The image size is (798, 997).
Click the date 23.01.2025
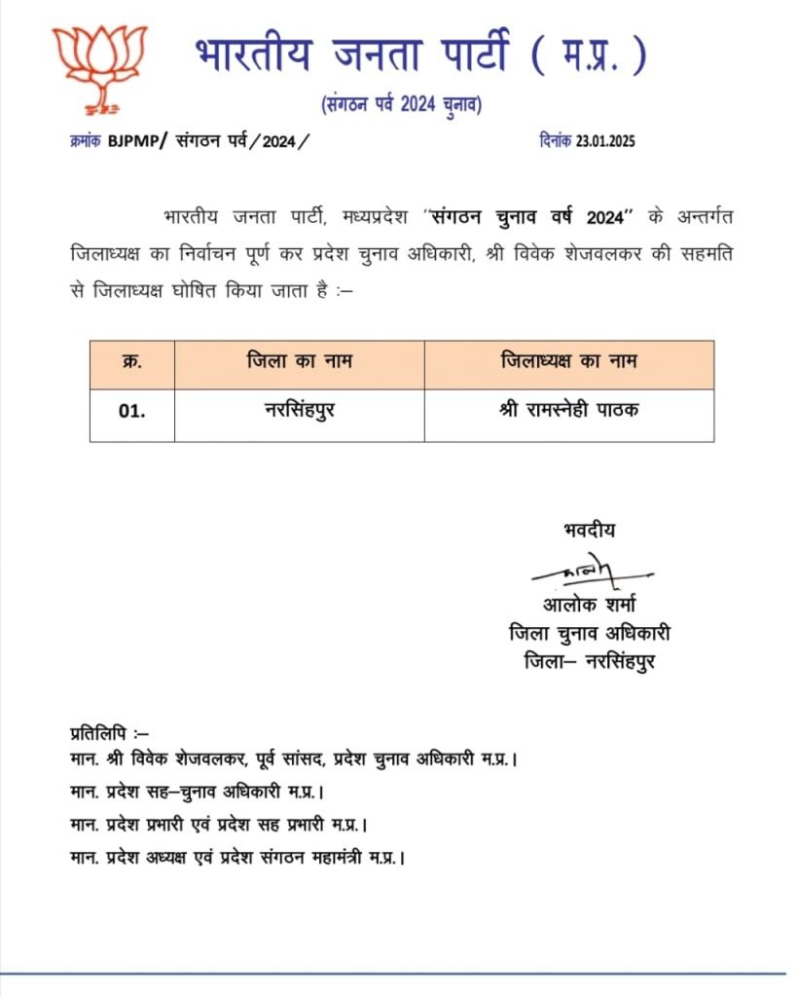coord(604,140)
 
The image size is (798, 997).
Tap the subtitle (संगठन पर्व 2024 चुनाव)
coord(401,104)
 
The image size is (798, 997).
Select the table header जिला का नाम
coord(299,362)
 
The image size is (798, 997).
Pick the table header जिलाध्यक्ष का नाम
coord(568,362)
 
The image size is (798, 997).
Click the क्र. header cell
coord(132,362)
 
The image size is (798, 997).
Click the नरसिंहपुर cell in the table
coord(299,410)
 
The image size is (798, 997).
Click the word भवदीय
coord(589,531)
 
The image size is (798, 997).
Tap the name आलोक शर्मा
coord(590,606)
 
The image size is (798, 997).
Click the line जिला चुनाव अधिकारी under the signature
coord(590,634)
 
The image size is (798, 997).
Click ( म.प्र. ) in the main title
coord(589,55)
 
